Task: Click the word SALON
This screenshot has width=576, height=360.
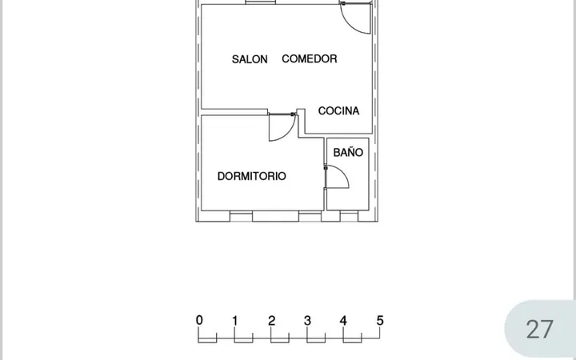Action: pyautogui.click(x=250, y=59)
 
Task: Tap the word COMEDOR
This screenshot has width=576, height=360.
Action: pyautogui.click(x=310, y=58)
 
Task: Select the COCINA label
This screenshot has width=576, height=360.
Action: pyautogui.click(x=338, y=111)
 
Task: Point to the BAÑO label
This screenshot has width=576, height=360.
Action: pyautogui.click(x=348, y=152)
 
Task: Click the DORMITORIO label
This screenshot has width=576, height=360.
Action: pyautogui.click(x=252, y=176)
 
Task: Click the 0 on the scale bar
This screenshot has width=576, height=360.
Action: pyautogui.click(x=199, y=320)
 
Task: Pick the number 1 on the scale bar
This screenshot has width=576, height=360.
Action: pyautogui.click(x=235, y=321)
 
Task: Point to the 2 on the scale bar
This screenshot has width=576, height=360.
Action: pyautogui.click(x=271, y=321)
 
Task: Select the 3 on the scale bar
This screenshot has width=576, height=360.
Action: pyautogui.click(x=307, y=321)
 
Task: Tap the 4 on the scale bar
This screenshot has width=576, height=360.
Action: pyautogui.click(x=343, y=321)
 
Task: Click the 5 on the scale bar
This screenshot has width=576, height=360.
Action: pyautogui.click(x=380, y=321)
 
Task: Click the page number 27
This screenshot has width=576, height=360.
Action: pyautogui.click(x=539, y=330)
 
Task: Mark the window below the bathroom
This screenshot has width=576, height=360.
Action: pyautogui.click(x=349, y=216)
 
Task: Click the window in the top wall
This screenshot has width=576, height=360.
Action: pyautogui.click(x=261, y=2)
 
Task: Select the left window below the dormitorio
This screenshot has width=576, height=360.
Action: pyautogui.click(x=241, y=216)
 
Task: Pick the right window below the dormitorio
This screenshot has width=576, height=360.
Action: pyautogui.click(x=310, y=216)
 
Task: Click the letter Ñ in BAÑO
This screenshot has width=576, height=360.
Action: pyautogui.click(x=349, y=152)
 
